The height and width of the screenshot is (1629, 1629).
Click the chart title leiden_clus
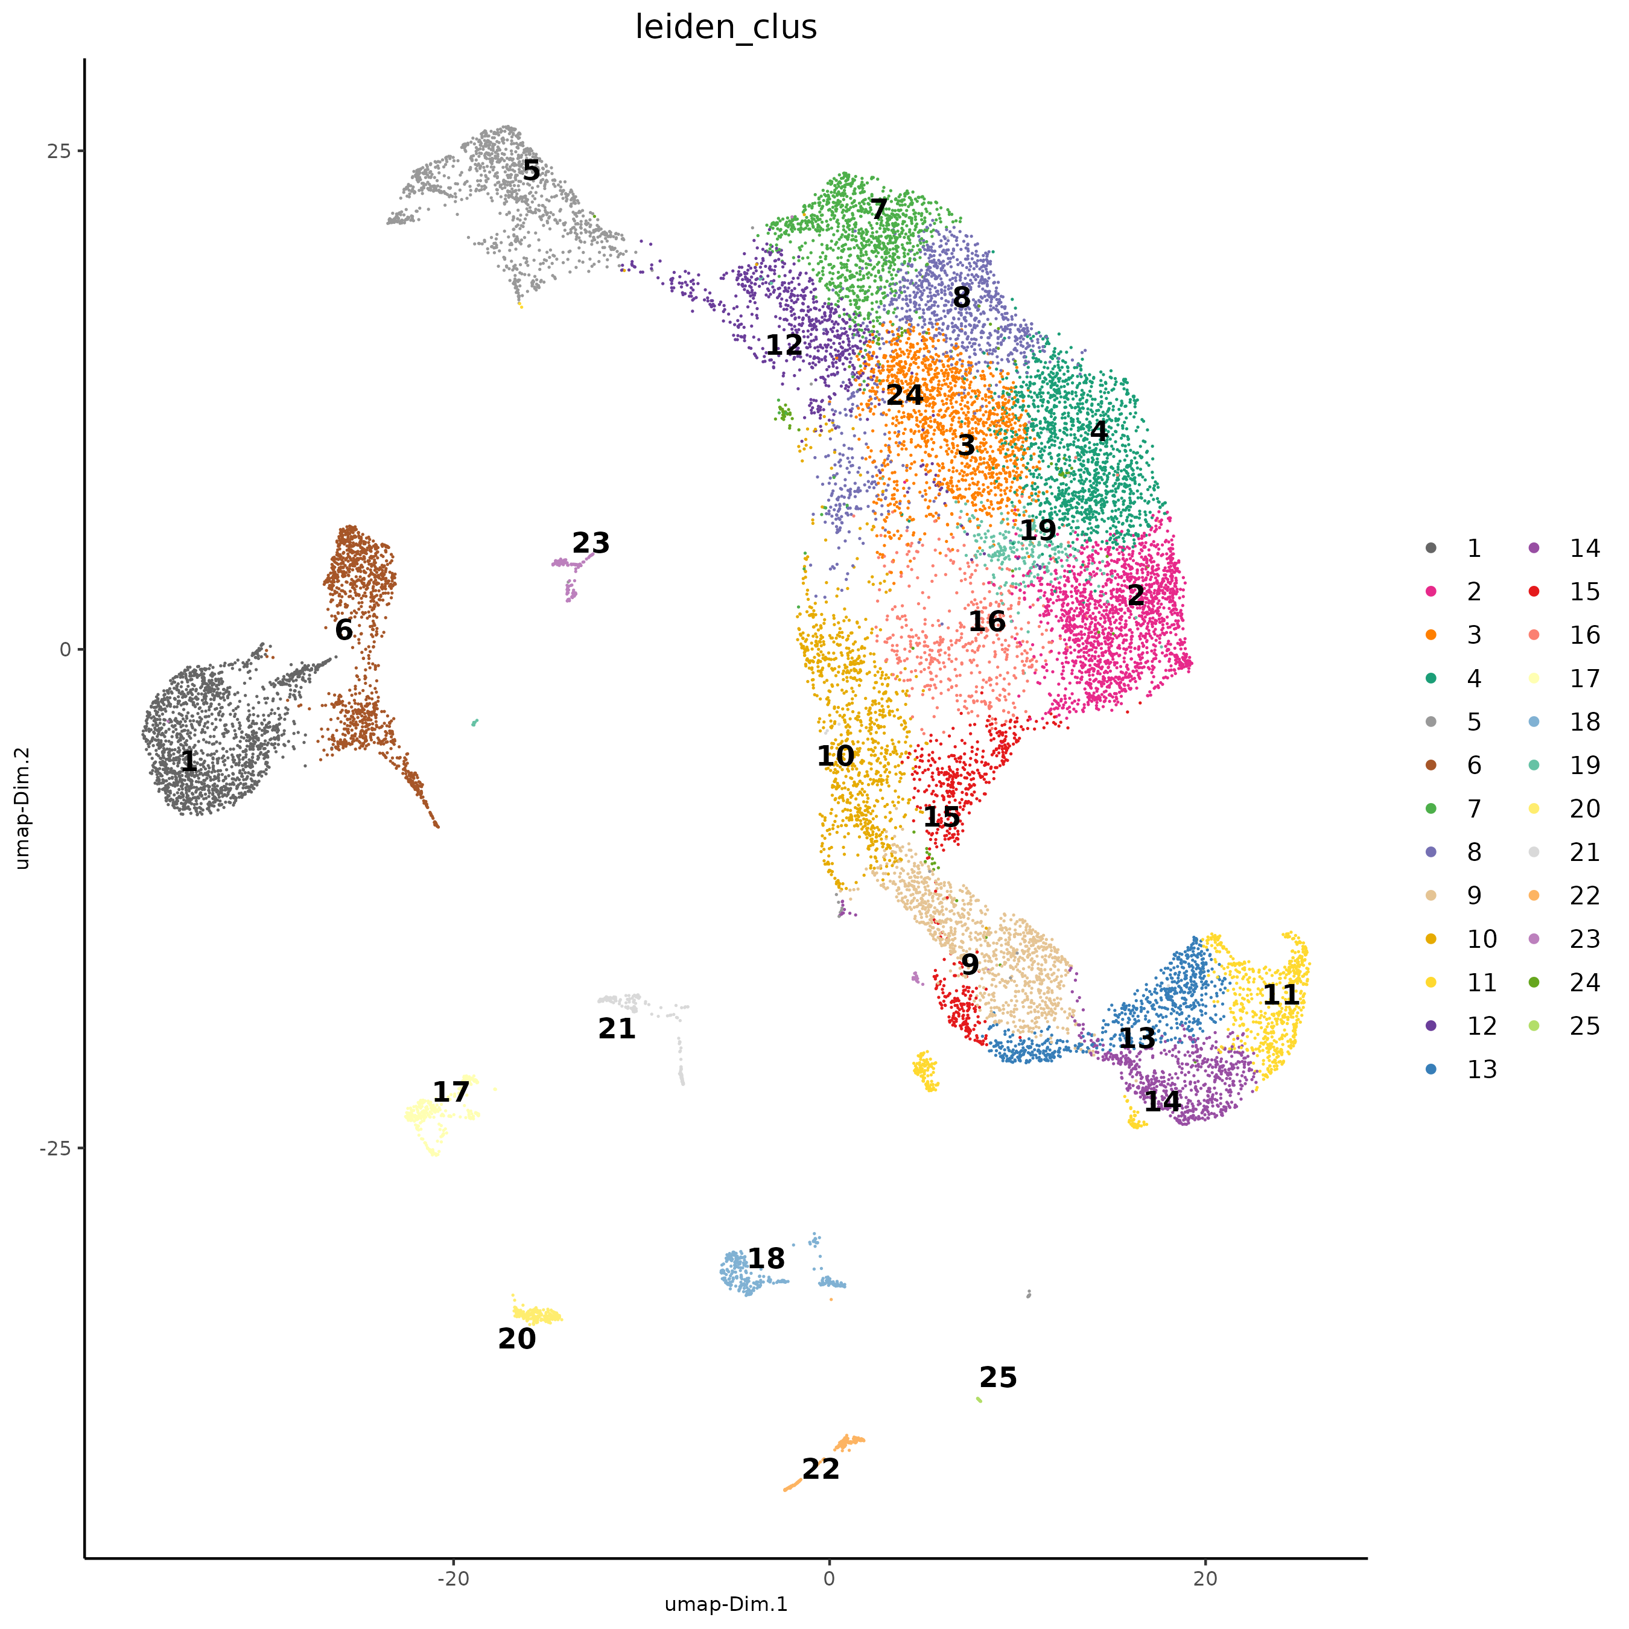(725, 27)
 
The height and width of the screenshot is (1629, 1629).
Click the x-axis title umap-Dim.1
(725, 1604)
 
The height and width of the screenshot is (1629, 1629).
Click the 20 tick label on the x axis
(1205, 1578)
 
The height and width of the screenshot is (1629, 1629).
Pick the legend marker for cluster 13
(1431, 1070)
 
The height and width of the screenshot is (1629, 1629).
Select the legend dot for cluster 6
(1431, 766)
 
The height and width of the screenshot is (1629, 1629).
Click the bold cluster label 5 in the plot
(531, 170)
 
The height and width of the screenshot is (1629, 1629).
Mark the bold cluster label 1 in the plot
(189, 761)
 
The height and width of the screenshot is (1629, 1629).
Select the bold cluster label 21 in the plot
(617, 1029)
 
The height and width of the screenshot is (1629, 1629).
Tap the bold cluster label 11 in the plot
(1281, 995)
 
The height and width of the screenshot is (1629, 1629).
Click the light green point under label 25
(979, 1400)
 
